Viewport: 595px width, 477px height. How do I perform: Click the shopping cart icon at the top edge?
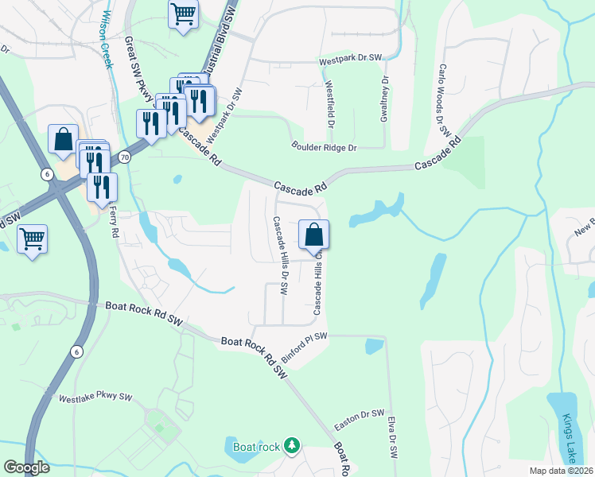[183, 14]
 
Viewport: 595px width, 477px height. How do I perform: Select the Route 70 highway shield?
[125, 157]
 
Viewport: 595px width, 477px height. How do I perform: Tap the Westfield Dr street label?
[329, 105]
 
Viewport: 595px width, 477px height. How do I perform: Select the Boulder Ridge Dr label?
[325, 147]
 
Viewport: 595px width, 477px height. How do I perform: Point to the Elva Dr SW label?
[393, 436]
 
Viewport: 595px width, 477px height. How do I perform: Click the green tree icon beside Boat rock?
[293, 445]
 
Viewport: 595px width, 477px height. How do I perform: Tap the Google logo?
[26, 468]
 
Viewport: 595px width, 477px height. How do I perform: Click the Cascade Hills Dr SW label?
[279, 256]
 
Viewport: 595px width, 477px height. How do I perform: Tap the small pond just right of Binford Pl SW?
[374, 346]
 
